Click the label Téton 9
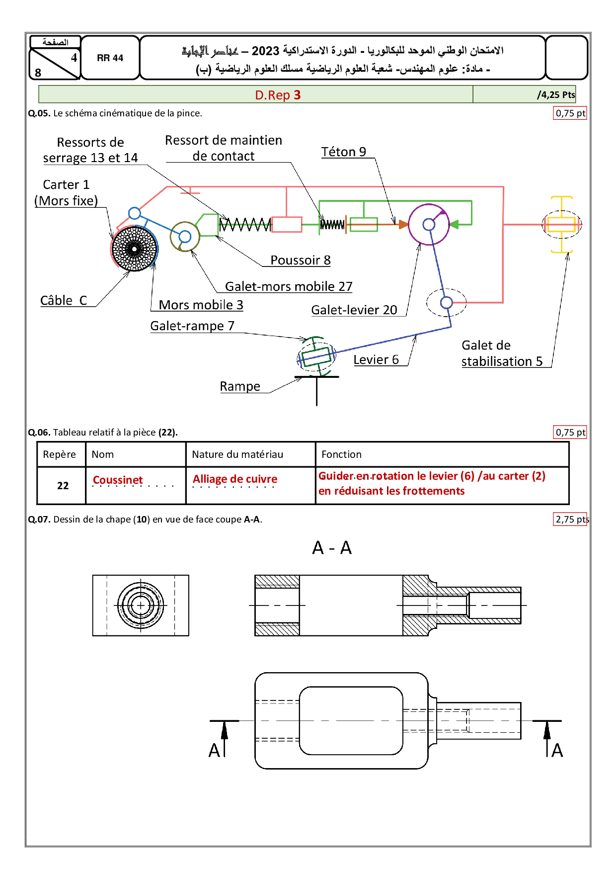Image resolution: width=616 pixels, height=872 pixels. [343, 152]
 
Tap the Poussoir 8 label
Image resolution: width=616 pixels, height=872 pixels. [300, 260]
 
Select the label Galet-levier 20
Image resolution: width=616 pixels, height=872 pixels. [354, 310]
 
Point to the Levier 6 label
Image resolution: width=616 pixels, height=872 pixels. [376, 359]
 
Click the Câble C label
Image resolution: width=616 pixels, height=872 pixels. [64, 300]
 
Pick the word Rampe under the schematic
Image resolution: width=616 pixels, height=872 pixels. [240, 386]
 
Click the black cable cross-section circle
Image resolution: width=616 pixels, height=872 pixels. [134, 249]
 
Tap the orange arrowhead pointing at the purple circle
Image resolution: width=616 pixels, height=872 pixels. [403, 225]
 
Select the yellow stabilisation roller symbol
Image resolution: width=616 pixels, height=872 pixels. [561, 225]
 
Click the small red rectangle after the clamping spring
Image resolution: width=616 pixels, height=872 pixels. [287, 225]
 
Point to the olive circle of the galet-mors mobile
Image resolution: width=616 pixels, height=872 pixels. [185, 237]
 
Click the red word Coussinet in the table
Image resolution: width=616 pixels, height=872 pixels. [118, 480]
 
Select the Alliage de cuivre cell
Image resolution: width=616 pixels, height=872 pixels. [235, 479]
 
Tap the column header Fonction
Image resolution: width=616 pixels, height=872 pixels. [341, 454]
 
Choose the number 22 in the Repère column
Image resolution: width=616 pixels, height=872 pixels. [63, 486]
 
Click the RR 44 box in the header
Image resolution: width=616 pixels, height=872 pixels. [110, 58]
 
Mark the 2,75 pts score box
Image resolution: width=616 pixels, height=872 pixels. [571, 519]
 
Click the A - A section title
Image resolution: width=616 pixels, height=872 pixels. [332, 548]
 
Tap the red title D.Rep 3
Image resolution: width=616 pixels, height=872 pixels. [278, 95]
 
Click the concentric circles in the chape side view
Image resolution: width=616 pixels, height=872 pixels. [141, 605]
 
